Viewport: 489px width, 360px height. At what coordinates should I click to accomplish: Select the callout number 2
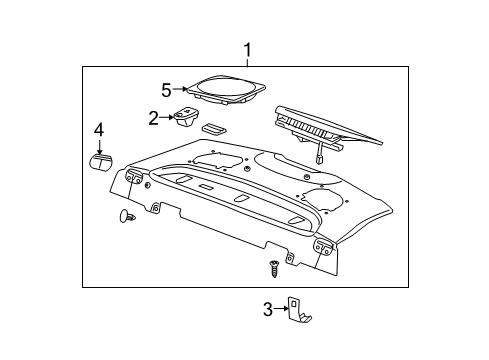(x=154, y=119)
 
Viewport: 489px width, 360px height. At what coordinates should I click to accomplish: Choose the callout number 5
(x=167, y=88)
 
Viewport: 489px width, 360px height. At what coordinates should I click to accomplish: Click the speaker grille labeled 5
(x=226, y=91)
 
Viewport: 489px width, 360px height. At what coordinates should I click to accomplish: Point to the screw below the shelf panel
(x=273, y=267)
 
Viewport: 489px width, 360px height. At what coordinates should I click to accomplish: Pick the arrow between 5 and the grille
(x=181, y=89)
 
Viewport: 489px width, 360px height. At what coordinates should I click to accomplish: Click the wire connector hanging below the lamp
(x=317, y=154)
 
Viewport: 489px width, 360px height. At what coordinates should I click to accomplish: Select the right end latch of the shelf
(x=325, y=247)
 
